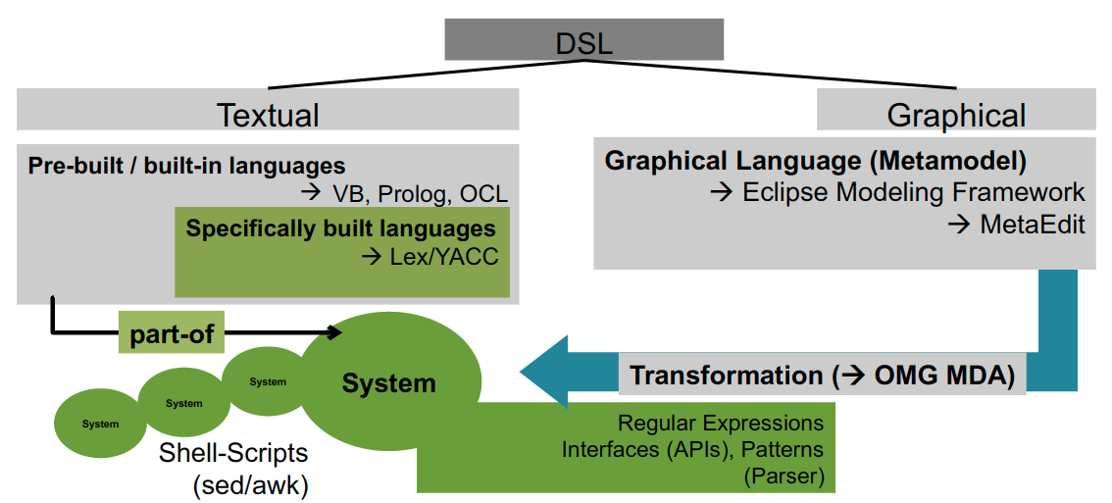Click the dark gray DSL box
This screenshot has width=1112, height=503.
[x=583, y=40]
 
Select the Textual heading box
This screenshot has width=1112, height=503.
[x=268, y=111]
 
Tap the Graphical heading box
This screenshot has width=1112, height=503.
[x=956, y=111]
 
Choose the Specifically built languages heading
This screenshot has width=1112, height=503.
[x=340, y=228]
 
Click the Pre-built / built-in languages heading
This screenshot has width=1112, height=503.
[x=186, y=166]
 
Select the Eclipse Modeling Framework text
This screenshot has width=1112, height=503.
[x=910, y=193]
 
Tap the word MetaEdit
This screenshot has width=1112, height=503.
[x=1031, y=225]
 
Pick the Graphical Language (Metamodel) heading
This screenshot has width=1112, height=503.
[x=815, y=161]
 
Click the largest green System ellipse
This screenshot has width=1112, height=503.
[x=389, y=382]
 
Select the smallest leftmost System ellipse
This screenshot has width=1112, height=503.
[x=101, y=424]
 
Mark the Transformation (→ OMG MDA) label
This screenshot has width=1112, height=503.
[x=822, y=376]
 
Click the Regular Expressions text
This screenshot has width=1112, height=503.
[x=720, y=424]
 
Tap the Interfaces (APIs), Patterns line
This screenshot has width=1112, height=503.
[x=692, y=450]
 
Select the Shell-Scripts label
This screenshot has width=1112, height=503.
[x=233, y=454]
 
